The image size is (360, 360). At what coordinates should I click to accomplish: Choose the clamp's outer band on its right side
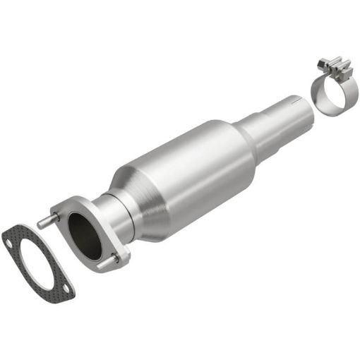tap(351, 97)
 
